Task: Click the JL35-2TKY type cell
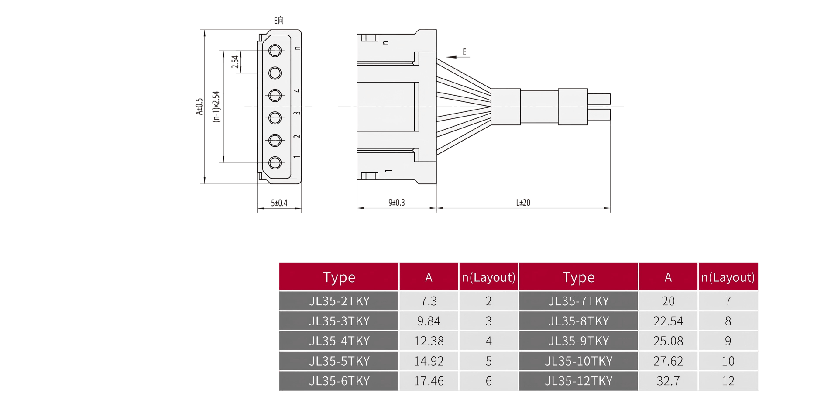(339, 301)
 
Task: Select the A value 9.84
(429, 321)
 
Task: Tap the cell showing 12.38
(429, 341)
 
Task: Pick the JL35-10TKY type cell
(578, 361)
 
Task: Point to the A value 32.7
(668, 381)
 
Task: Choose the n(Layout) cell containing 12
(728, 381)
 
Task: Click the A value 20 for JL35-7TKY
(668, 301)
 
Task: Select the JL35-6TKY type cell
(339, 381)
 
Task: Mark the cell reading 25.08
(668, 341)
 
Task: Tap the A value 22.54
(668, 321)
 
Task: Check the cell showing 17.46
(429, 381)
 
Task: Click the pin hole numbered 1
(275, 163)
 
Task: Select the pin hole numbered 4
(275, 95)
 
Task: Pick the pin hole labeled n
(275, 51)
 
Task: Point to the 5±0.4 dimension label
(279, 203)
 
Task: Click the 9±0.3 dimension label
(396, 203)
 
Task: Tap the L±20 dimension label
(523, 203)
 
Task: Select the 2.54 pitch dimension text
(235, 62)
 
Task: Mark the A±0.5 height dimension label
(199, 107)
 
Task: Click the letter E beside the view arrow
(464, 52)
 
